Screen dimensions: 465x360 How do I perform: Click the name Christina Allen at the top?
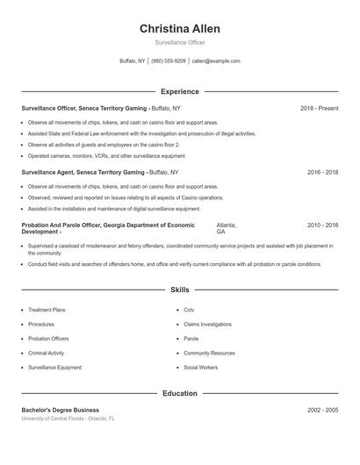pos(179,29)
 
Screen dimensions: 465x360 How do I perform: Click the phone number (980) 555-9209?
pos(169,61)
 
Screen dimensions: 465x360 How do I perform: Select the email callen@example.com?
pos(216,61)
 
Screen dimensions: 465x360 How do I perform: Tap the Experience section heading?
pos(179,91)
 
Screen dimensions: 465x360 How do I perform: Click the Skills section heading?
pos(179,289)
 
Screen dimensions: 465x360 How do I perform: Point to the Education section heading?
pos(179,394)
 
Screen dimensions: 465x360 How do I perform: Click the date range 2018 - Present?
pos(319,108)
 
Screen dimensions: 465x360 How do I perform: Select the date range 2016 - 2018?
pos(322,174)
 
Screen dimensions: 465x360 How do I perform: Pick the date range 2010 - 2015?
pos(322,225)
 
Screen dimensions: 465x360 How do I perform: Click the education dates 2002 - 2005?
pos(322,410)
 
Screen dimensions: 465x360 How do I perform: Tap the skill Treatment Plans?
pos(47,310)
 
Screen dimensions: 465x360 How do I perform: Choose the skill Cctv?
pos(189,310)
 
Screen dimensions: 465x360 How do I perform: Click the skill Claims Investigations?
pos(207,324)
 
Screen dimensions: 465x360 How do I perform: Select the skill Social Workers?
pos(201,367)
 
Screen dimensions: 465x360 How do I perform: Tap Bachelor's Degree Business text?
pos(60,410)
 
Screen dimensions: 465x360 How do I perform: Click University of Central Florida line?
pos(68,418)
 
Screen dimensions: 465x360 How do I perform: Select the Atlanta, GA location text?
pos(226,228)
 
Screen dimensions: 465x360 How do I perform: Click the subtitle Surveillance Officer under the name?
pos(179,43)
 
